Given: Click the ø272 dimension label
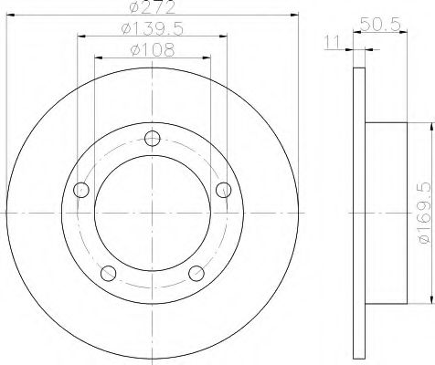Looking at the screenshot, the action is coord(153,6).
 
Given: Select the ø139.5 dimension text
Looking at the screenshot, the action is coord(153,29).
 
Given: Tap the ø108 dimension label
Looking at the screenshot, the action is coord(153,50).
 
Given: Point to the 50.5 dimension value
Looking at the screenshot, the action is coord(380,24).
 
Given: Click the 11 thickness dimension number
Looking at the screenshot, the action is coord(332,42).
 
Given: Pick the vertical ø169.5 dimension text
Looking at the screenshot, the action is coord(427,213).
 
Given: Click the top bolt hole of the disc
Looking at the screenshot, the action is coord(153,139).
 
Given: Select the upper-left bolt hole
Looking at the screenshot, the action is coord(81,190).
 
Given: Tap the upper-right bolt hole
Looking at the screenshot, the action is coord(224,190).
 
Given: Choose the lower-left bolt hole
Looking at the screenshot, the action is coord(108,273).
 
